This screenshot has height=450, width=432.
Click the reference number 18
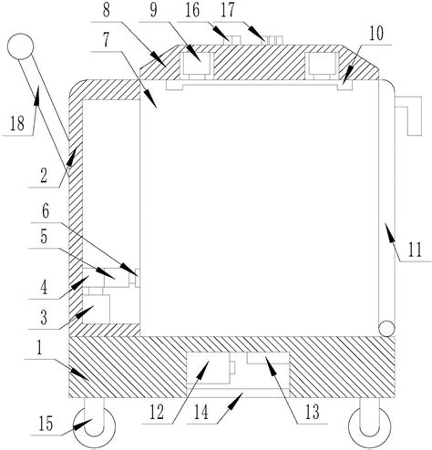tap(17, 124)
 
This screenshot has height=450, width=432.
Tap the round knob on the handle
tap(20, 46)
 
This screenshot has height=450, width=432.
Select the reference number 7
tap(106, 40)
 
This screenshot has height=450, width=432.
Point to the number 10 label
tap(376, 34)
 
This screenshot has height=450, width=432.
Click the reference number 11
tap(415, 250)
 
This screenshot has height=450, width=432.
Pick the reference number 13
tap(313, 412)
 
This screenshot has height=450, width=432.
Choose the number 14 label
tap(201, 412)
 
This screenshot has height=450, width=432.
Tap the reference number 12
tap(157, 412)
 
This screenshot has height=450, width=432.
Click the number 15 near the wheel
tap(46, 424)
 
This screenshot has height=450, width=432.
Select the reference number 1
tap(39, 348)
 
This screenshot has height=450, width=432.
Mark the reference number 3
tap(44, 318)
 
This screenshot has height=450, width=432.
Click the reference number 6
tap(46, 211)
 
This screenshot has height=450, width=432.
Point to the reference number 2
tap(44, 176)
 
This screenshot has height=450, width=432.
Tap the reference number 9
tap(154, 10)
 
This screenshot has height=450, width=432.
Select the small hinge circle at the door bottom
tap(386, 329)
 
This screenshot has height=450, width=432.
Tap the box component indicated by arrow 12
tap(208, 368)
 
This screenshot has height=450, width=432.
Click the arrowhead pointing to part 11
tap(389, 231)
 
